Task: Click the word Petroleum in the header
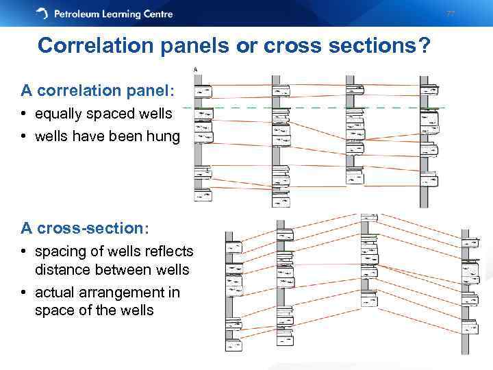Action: (x=79, y=14)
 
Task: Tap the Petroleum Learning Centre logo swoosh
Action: (x=42, y=14)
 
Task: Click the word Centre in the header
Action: (x=155, y=14)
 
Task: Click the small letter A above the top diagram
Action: (x=195, y=69)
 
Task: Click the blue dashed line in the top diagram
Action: (x=315, y=108)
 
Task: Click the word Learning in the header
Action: (x=119, y=14)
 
